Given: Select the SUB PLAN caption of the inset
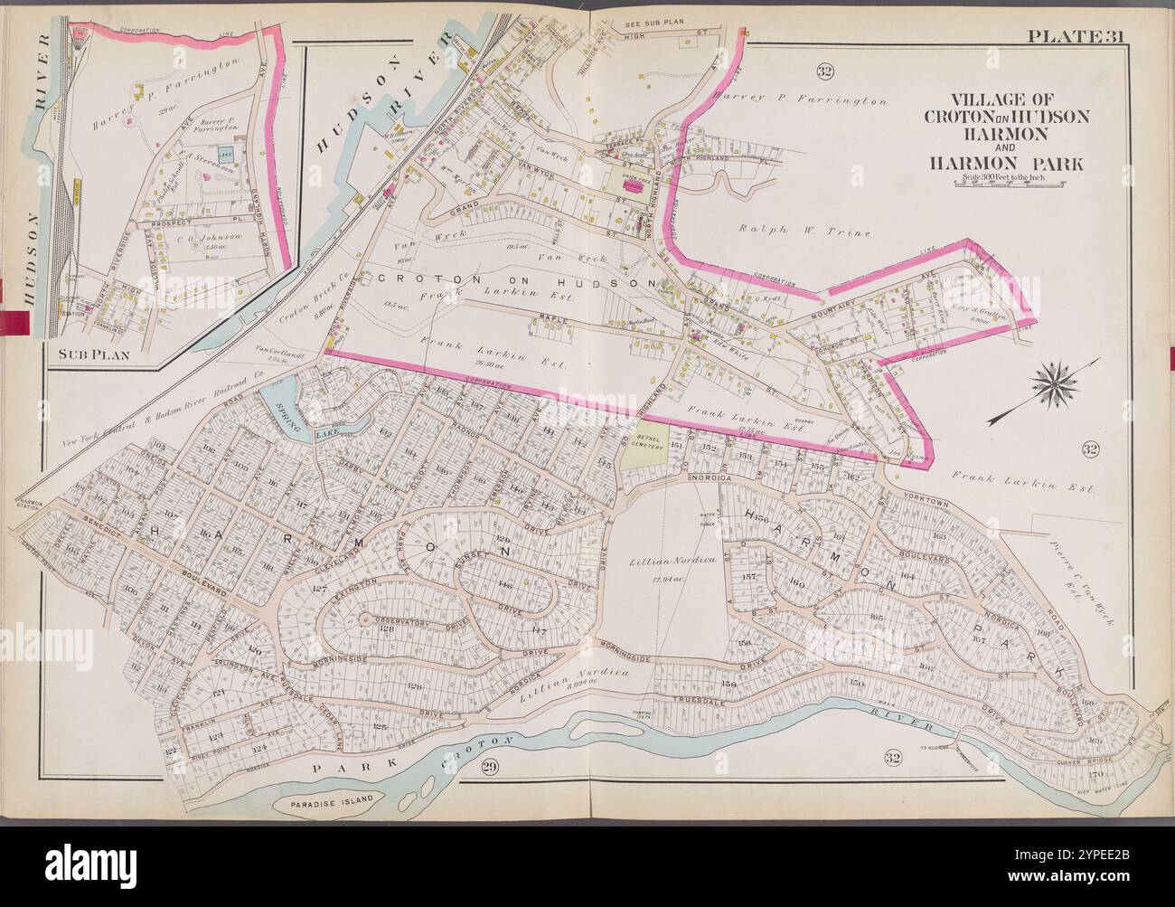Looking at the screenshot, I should (90, 355).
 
